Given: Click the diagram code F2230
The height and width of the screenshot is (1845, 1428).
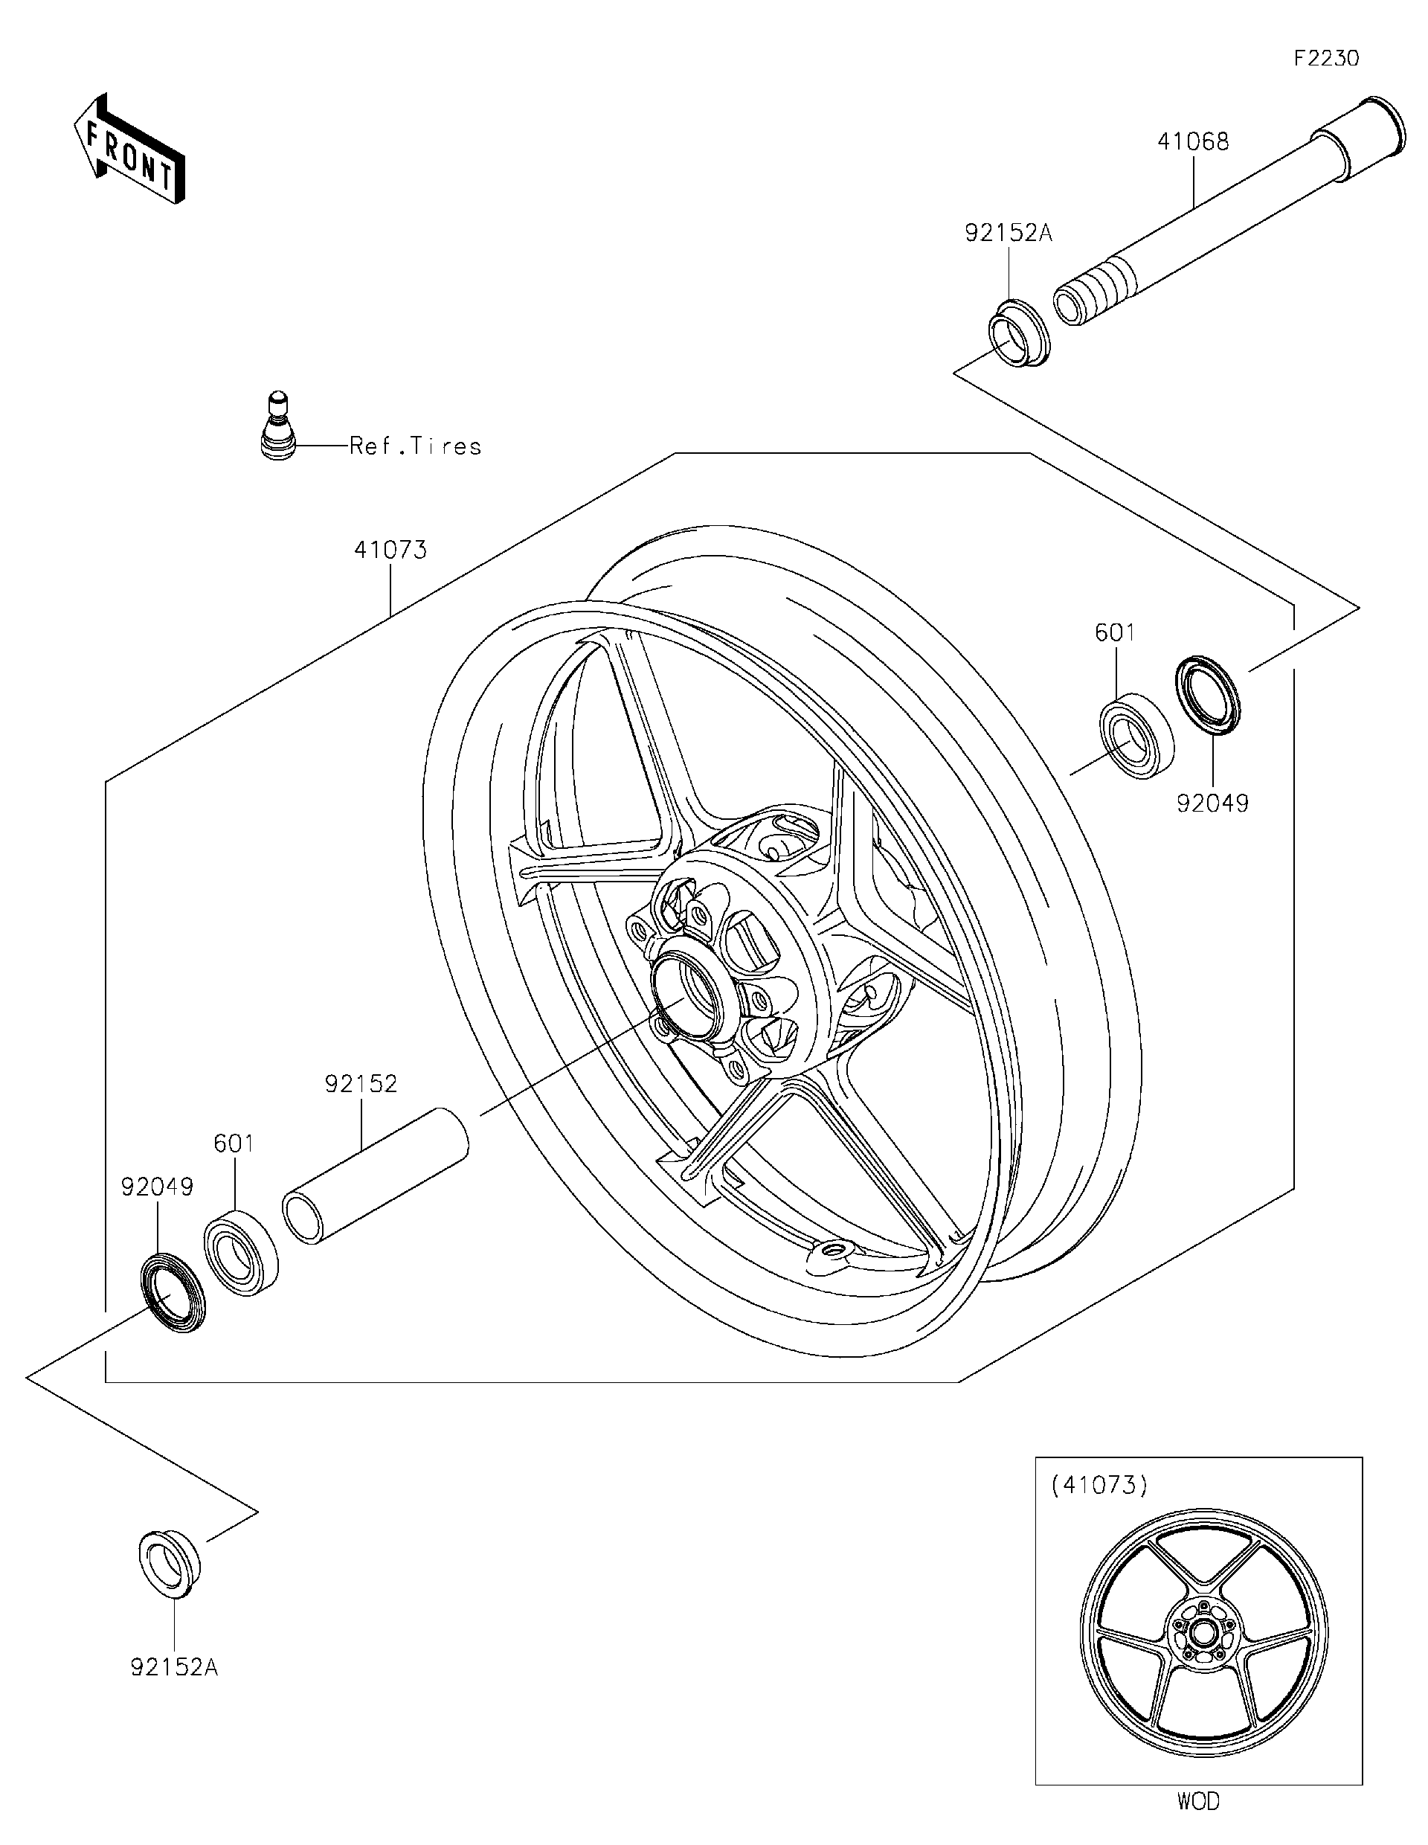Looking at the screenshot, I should [1326, 58].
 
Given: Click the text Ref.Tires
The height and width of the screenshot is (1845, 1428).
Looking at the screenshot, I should [416, 446].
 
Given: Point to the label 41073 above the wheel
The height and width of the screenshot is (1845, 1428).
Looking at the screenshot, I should [390, 550].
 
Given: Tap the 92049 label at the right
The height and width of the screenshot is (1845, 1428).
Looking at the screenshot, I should [1212, 803].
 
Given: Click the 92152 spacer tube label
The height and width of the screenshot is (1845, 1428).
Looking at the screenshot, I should [361, 1084].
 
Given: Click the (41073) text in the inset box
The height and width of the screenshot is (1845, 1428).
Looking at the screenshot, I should [1099, 1485].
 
